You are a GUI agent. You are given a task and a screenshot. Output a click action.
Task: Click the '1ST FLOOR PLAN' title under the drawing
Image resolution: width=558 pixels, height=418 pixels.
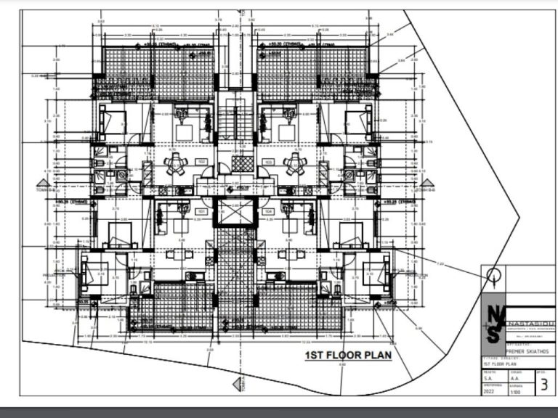click(x=347, y=356)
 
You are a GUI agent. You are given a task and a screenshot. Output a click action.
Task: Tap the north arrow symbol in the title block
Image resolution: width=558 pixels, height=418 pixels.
click(x=493, y=276)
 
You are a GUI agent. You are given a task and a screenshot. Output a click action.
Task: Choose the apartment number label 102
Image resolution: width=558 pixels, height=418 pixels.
click(x=201, y=161)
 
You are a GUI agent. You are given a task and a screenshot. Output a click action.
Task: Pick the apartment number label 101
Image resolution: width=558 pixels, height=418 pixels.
click(x=201, y=211)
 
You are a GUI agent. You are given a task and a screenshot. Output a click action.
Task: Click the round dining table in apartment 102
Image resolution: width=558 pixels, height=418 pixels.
click(x=175, y=165)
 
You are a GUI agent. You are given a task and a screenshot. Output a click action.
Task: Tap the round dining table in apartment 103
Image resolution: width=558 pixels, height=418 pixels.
click(x=294, y=165)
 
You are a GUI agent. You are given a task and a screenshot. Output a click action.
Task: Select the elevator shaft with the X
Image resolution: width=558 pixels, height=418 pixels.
click(x=234, y=213)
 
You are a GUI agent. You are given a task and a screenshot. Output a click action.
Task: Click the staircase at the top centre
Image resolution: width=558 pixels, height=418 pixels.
click(x=234, y=120)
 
